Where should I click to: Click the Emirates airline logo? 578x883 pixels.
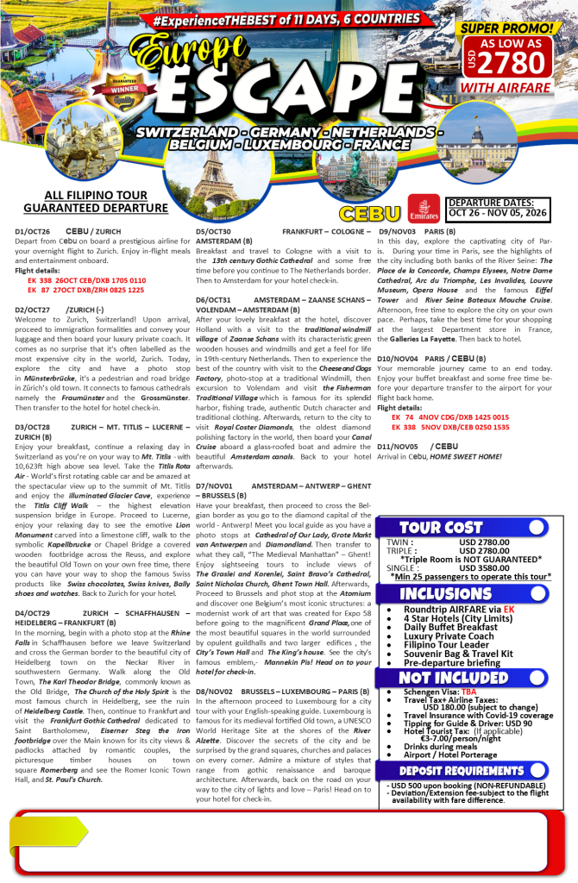click(425, 213)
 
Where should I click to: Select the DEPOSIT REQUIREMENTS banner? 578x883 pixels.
click(450, 769)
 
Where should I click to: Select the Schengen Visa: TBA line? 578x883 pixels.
click(437, 692)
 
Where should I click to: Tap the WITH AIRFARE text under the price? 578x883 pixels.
click(518, 86)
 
